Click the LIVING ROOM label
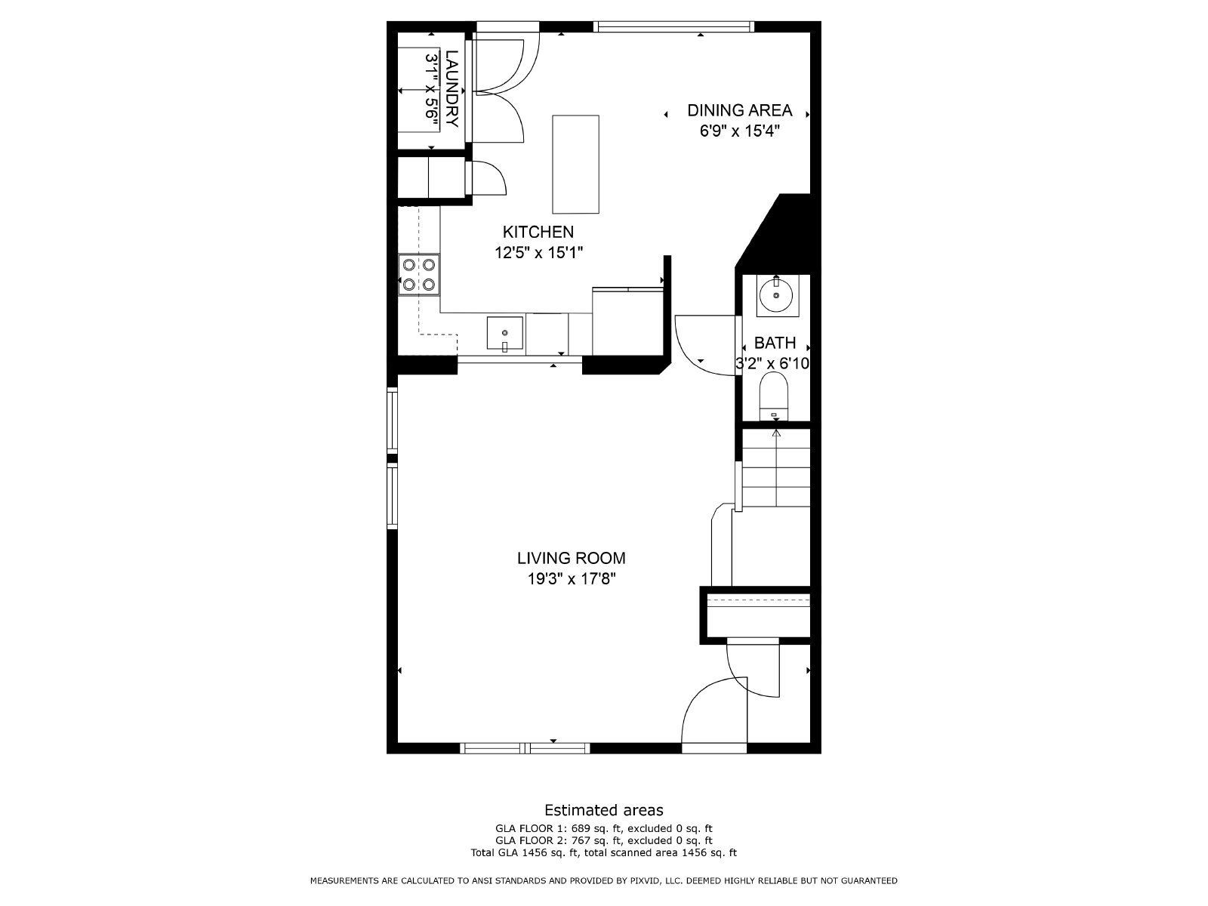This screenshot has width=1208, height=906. (571, 559)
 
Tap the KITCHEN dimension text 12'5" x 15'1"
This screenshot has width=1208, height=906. (539, 253)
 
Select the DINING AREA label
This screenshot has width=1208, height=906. (739, 110)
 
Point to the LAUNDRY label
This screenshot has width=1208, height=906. (451, 89)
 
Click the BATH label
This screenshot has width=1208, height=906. (775, 344)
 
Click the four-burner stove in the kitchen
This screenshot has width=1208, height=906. (419, 275)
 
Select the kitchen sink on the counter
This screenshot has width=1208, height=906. (505, 334)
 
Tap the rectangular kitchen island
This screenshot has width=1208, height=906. (576, 164)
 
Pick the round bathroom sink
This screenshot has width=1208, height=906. (775, 294)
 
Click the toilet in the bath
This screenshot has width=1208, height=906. (775, 398)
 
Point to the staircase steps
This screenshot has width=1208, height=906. (776, 468)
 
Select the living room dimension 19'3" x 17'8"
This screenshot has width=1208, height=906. (571, 579)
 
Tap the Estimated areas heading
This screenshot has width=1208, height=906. (604, 810)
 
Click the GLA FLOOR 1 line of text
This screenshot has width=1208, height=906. (604, 827)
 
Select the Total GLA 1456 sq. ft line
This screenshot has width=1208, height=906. (604, 852)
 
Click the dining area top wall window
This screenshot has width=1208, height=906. (673, 26)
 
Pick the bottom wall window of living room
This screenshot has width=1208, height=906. (525, 748)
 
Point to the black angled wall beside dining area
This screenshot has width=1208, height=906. (781, 226)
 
